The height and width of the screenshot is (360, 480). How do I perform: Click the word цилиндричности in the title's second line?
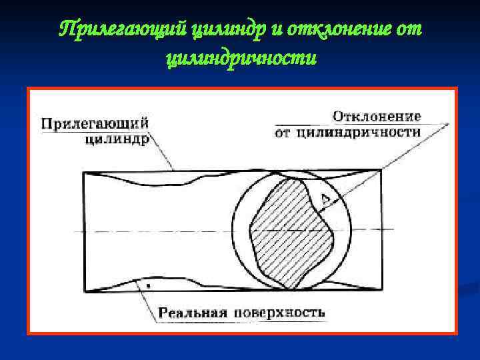click(x=240, y=59)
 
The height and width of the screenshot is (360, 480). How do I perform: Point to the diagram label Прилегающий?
click(x=94, y=123)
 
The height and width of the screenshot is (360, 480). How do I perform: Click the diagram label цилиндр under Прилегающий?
click(x=117, y=139)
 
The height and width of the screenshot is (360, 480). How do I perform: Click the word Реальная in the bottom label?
click(x=193, y=312)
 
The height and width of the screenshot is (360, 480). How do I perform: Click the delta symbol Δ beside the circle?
click(x=325, y=198)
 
